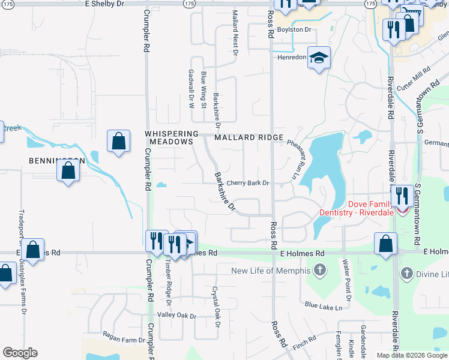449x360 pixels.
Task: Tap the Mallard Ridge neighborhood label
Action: pyautogui.click(x=249, y=137)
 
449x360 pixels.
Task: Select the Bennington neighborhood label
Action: pyautogui.click(x=56, y=161)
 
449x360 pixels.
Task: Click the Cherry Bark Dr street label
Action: pyautogui.click(x=247, y=183)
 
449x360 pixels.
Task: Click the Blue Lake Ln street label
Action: pyautogui.click(x=323, y=307)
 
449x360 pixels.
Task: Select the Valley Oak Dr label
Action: pyautogui.click(x=176, y=316)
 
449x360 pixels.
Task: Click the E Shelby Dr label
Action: pyautogui.click(x=104, y=4)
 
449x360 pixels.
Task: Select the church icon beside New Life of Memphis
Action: pyautogui.click(x=320, y=271)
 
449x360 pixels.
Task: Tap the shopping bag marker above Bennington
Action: pyautogui.click(x=119, y=142)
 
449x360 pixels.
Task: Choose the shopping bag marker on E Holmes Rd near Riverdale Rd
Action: pyautogui.click(x=385, y=244)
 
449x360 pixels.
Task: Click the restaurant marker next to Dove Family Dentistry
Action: pyautogui.click(x=400, y=196)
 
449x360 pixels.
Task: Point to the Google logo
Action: pyautogui.click(x=20, y=353)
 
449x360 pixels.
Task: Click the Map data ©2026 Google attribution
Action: pyautogui.click(x=412, y=355)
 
